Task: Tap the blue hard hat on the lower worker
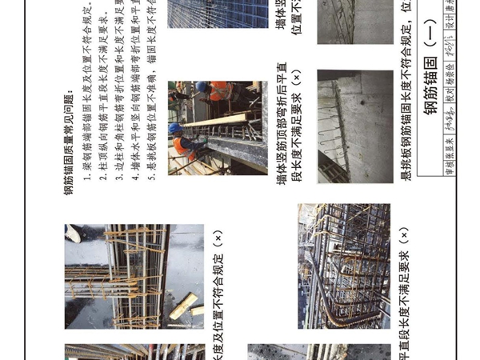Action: click(175, 127)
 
